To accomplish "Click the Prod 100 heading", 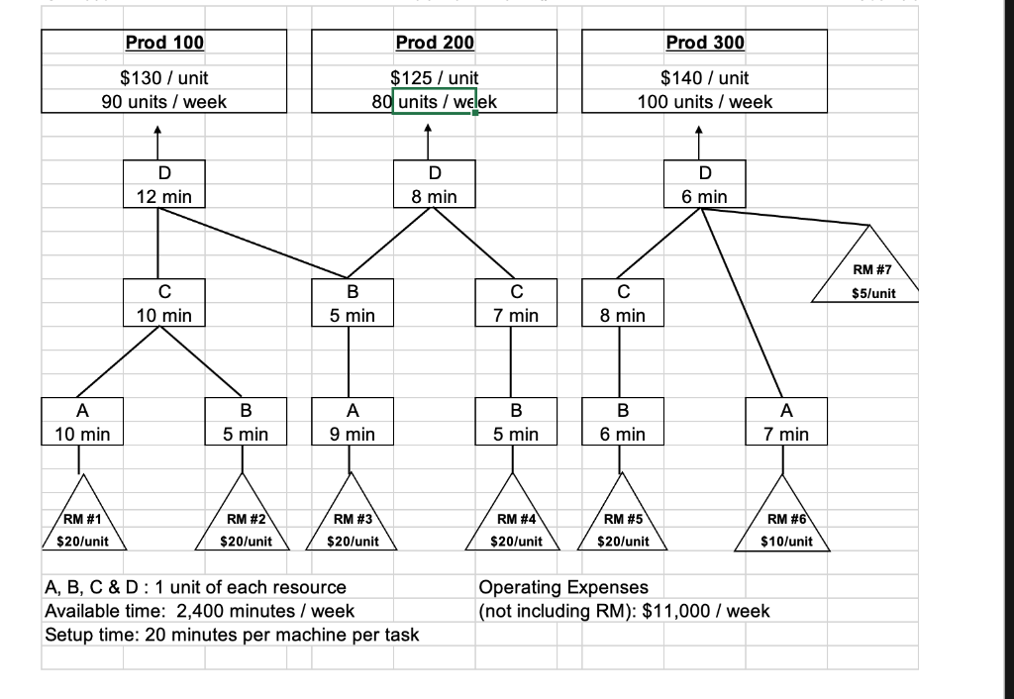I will pos(164,43).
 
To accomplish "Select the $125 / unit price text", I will pos(435,77).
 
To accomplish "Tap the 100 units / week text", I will pos(704,101).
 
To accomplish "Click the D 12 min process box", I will pos(164,184).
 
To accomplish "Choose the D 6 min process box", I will pos(704,184).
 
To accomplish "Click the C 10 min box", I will pos(164,303).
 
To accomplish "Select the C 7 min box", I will pos(516,303).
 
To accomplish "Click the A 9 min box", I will pos(349,422).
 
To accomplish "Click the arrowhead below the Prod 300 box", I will pos(698,129).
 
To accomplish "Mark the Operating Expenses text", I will pos(562,588).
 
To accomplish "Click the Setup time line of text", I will pos(232,635).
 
